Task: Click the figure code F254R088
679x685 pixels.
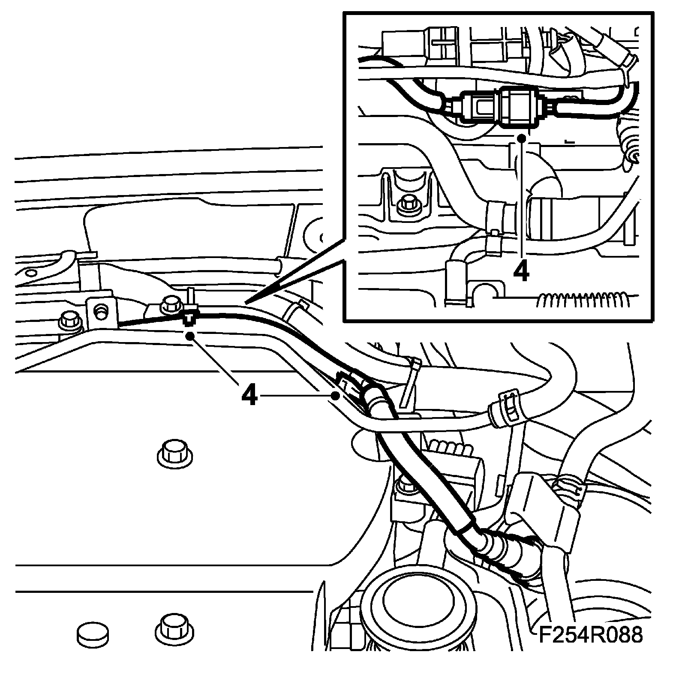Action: coord(591,635)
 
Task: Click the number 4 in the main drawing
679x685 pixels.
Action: coord(249,395)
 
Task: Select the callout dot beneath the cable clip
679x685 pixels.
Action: coord(189,336)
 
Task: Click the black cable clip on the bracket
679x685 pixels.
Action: coord(189,316)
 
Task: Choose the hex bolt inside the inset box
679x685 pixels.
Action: coord(404,206)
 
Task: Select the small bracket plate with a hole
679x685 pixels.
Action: coord(100,312)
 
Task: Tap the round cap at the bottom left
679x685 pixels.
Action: coord(92,635)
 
